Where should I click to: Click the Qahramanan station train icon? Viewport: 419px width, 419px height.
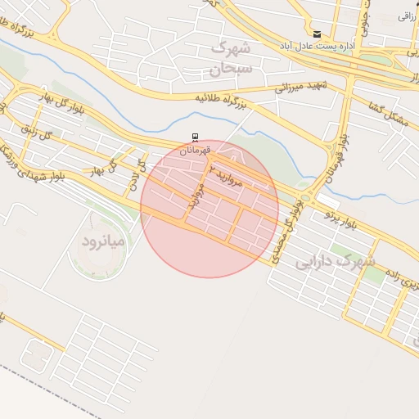click(x=195, y=137)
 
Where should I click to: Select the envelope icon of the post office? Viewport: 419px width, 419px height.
click(x=317, y=34)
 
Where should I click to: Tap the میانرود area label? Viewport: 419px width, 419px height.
click(x=102, y=241)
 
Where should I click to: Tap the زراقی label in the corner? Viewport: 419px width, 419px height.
click(x=407, y=16)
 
